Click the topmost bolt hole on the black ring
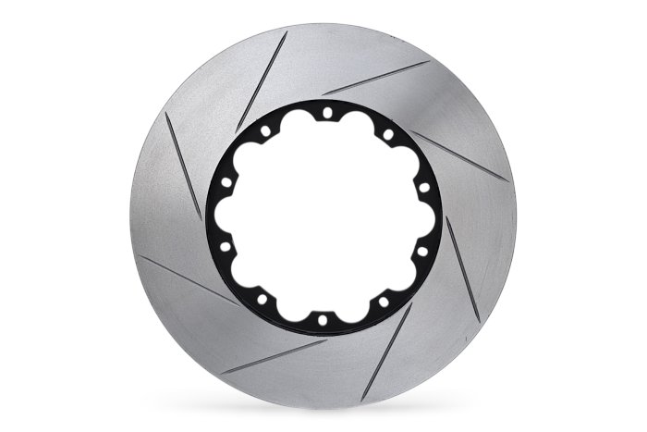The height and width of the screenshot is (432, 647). click(325, 113)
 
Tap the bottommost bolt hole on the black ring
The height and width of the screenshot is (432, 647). click(322, 320)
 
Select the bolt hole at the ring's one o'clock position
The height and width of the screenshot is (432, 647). click(387, 134)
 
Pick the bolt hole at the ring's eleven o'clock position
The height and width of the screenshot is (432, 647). click(264, 130)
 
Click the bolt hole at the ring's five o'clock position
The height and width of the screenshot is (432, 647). click(383, 302)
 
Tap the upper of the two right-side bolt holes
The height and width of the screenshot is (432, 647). click(423, 188)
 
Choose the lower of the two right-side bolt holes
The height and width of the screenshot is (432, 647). click(421, 250)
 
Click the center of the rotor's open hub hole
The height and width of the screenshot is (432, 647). click(323, 216)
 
